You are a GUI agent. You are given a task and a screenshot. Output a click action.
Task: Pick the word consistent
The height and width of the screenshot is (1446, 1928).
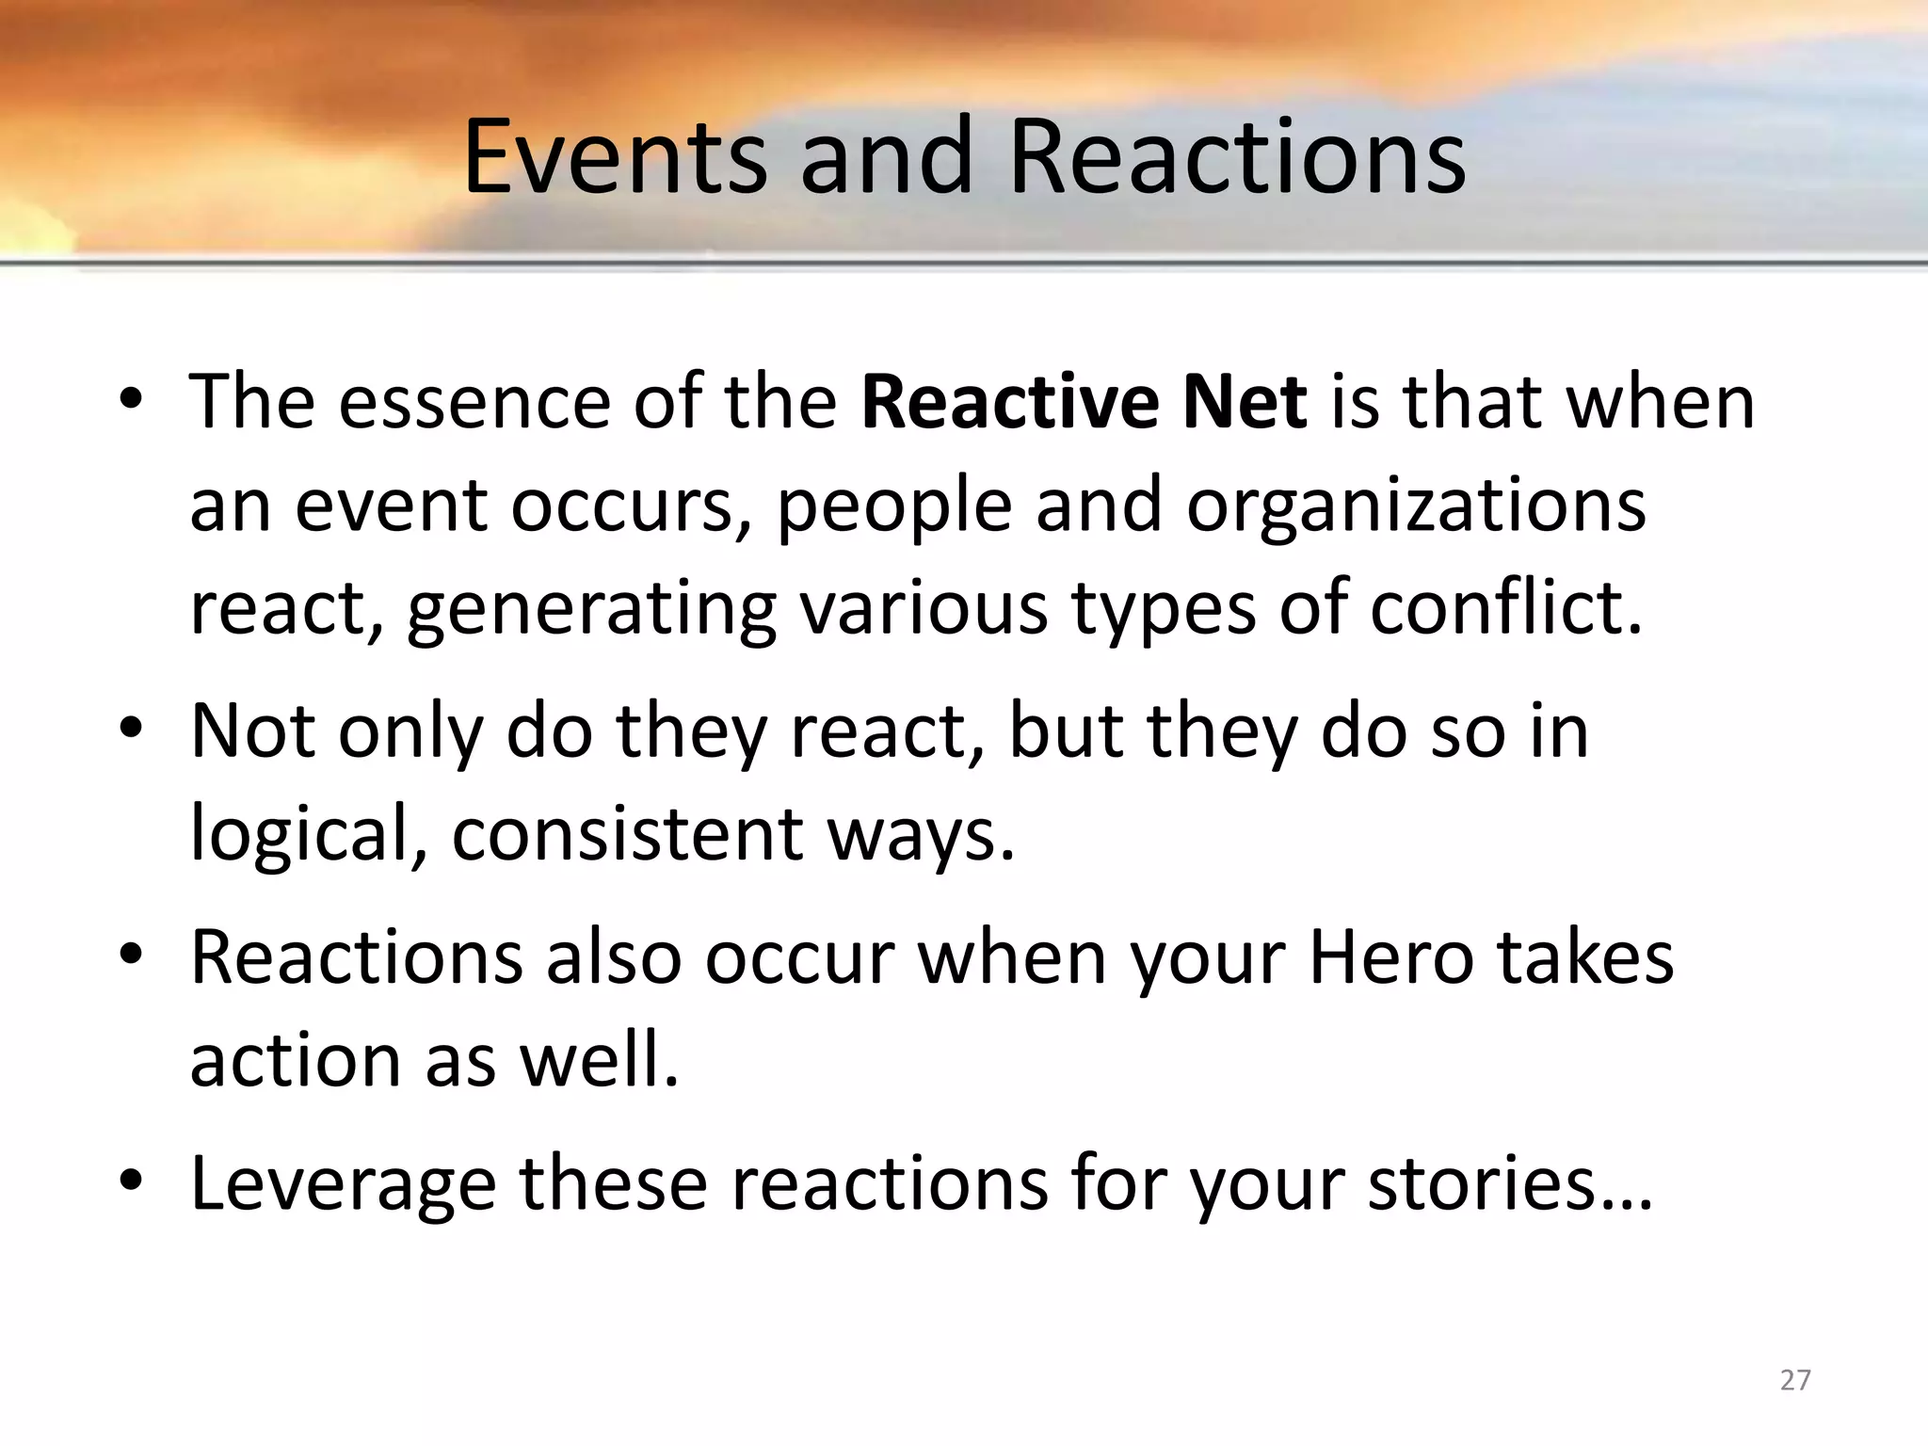pyautogui.click(x=627, y=834)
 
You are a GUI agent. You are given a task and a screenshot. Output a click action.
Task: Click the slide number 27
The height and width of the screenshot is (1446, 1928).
pyautogui.click(x=1795, y=1380)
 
